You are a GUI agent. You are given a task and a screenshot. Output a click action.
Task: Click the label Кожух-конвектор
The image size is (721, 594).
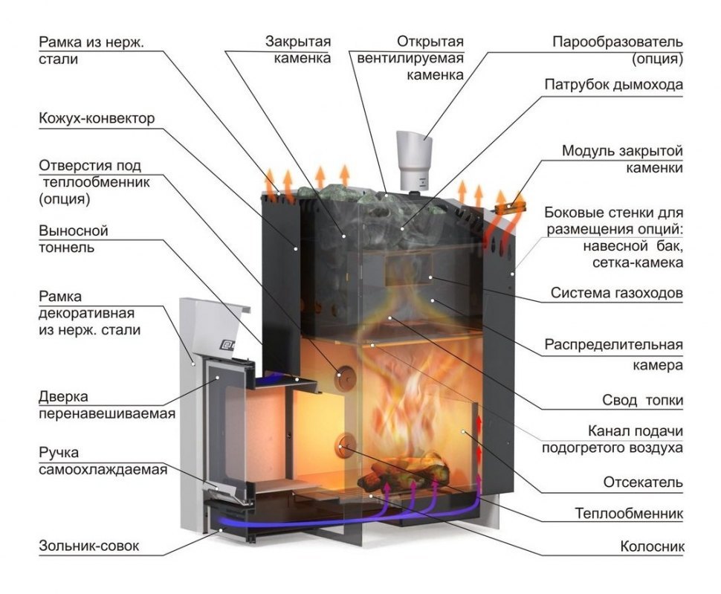click(97, 119)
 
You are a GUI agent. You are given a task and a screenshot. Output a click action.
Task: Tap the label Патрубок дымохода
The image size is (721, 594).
click(612, 85)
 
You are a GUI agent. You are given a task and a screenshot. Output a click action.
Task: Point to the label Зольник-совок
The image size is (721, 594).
click(89, 547)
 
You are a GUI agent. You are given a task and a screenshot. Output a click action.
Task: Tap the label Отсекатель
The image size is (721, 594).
click(642, 482)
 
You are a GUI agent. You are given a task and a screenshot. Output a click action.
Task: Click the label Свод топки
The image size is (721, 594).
click(642, 401)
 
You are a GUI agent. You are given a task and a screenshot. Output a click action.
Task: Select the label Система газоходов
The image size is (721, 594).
click(616, 293)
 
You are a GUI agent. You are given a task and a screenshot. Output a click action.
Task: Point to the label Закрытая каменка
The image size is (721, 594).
click(298, 49)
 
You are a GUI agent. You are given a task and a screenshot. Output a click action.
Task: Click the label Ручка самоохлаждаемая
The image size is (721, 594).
click(103, 461)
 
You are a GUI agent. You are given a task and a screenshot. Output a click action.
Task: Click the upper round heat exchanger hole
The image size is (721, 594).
click(344, 376)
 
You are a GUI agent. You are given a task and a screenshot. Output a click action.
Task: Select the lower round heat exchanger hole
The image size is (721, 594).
click(346, 445)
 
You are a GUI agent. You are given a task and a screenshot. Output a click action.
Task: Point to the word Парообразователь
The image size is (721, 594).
click(617, 42)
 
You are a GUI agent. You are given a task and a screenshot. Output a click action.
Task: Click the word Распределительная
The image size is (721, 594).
click(613, 346)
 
